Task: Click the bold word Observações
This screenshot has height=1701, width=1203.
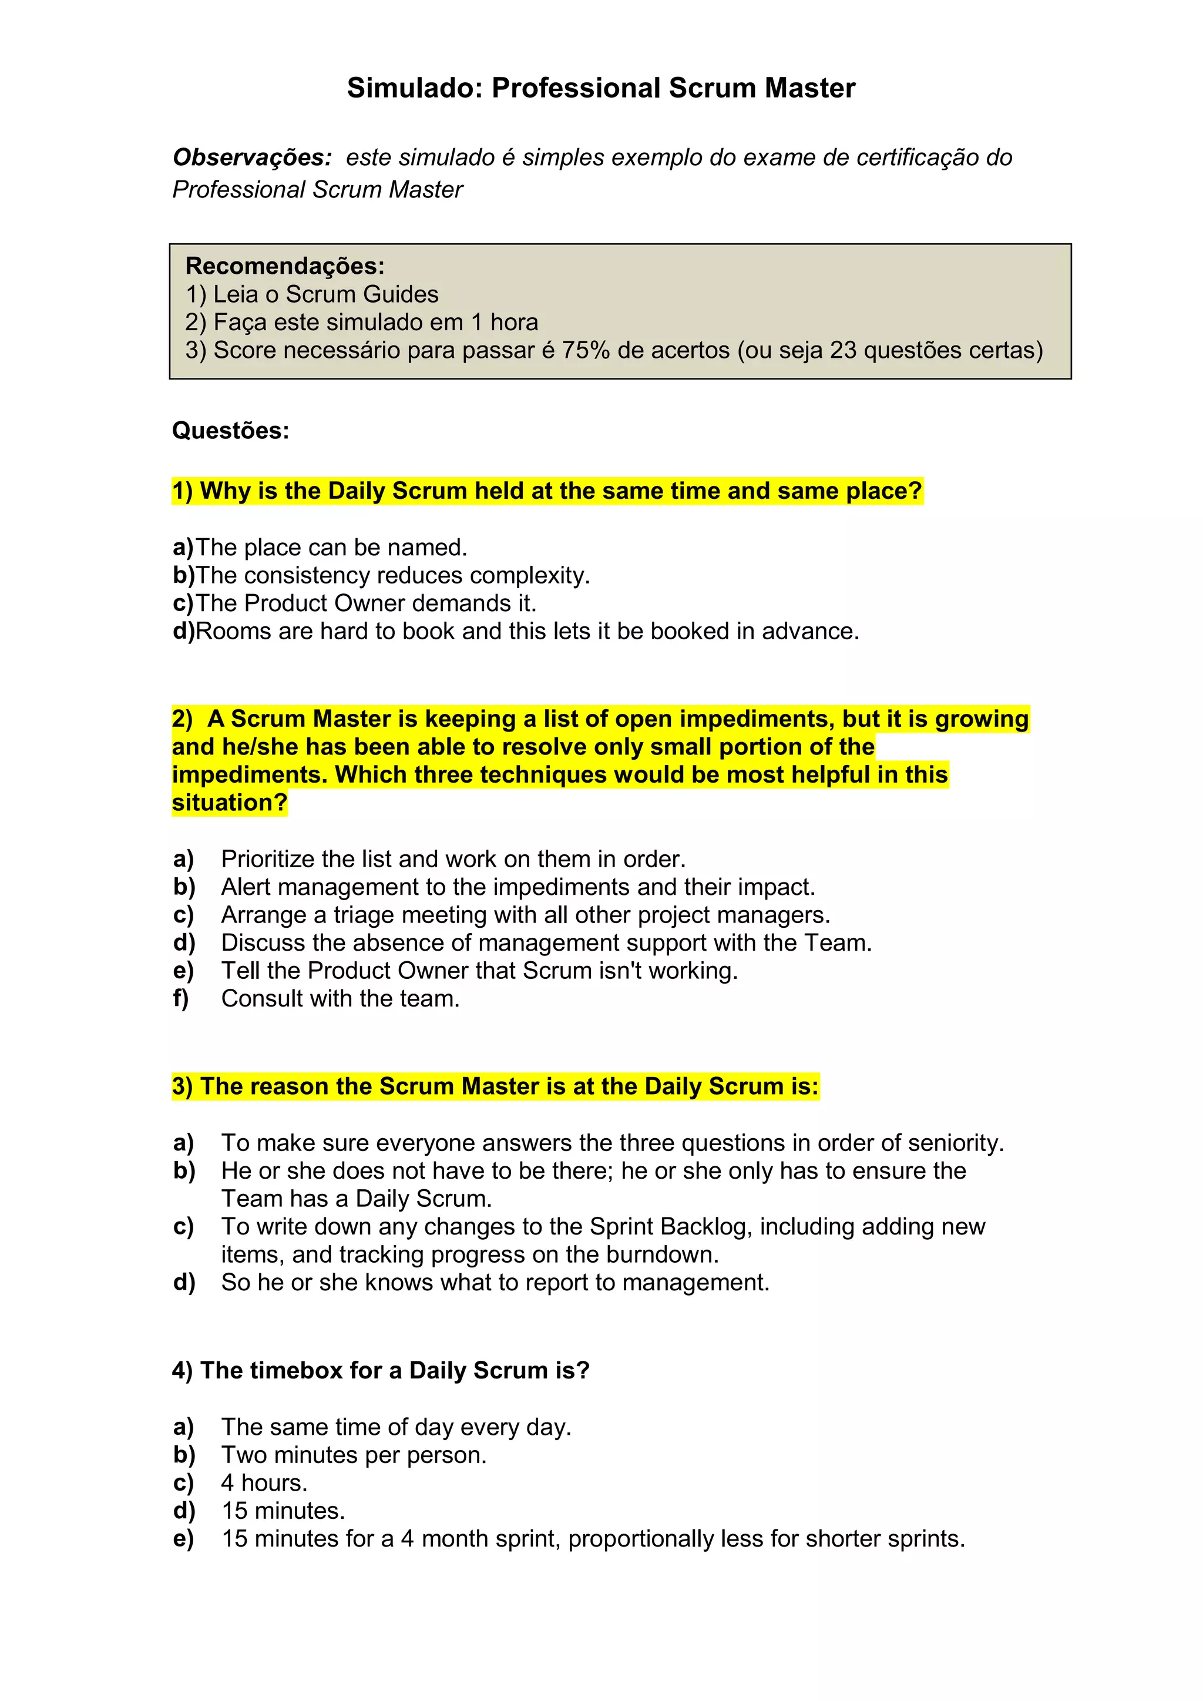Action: [x=252, y=158]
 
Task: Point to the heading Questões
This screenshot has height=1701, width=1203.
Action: [x=230, y=431]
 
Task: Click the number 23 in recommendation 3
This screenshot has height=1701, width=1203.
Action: [x=843, y=350]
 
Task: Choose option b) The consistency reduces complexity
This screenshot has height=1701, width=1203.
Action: [x=381, y=575]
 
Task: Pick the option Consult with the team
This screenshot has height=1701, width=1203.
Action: [x=340, y=999]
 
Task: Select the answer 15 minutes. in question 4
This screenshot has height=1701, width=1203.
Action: [x=283, y=1511]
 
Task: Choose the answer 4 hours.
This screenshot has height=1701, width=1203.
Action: [x=264, y=1482]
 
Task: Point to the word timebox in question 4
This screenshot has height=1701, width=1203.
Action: [x=300, y=1371]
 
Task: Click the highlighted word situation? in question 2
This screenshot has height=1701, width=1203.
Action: [x=230, y=803]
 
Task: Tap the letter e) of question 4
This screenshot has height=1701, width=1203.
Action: [x=183, y=1539]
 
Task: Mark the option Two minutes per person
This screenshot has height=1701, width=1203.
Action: [x=354, y=1455]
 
